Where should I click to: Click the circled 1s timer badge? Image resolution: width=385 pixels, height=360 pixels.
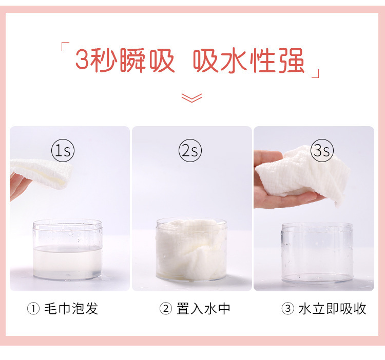point(63,151)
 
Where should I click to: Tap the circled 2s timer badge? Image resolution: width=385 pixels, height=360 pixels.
point(190,151)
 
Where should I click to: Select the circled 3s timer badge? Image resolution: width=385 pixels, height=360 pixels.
point(322,151)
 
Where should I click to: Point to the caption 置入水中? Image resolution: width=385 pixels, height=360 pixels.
point(203,308)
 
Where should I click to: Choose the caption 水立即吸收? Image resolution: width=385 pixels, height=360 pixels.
point(332,308)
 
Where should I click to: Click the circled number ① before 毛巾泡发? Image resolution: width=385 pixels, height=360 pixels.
point(33,309)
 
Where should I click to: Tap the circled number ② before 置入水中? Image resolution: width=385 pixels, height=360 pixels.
point(165,309)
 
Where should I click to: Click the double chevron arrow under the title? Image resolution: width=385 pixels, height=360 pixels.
point(192,97)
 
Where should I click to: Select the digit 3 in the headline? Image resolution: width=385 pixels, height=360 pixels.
point(83,61)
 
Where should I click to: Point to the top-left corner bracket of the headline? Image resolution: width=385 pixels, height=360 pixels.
point(64,47)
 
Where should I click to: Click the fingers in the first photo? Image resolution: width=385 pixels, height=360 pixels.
point(18,187)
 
